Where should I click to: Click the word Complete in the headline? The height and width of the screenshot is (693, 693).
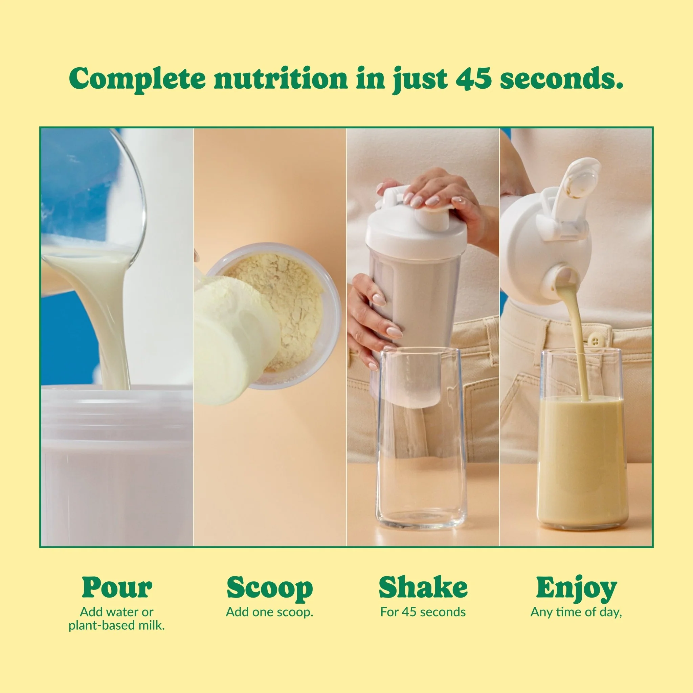point(137,79)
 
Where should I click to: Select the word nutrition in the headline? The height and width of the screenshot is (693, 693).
point(281,78)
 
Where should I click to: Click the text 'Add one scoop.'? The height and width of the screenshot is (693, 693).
point(269,612)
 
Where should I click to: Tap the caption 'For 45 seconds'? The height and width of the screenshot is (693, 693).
point(423,612)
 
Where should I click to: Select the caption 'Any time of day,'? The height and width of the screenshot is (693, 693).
point(576,612)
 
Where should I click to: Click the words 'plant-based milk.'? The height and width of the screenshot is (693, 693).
point(117,626)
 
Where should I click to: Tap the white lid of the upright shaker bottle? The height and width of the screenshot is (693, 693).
point(416,226)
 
